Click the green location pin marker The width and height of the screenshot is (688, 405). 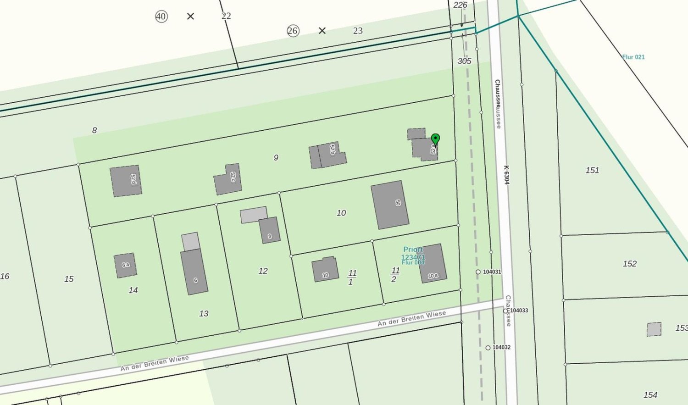(x=435, y=139)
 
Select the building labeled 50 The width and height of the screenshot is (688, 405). (x=390, y=205)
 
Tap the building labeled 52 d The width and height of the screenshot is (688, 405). (x=126, y=181)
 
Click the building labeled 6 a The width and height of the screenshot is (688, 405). (x=125, y=265)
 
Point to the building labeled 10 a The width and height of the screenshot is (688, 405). (x=432, y=263)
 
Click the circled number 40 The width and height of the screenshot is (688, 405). (x=161, y=17)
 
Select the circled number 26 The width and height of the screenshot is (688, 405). (x=293, y=31)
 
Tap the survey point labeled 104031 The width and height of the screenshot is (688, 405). (x=478, y=272)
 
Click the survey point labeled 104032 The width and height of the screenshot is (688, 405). (x=488, y=348)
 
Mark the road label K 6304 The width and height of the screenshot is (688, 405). (x=506, y=175)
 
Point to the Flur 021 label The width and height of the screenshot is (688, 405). (x=633, y=57)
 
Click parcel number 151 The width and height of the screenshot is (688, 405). (x=592, y=170)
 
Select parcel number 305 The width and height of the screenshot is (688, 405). (x=464, y=61)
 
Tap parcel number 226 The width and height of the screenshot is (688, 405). (x=460, y=5)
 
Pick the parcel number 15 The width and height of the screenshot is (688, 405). (x=69, y=279)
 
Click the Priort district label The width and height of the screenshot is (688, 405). (x=413, y=250)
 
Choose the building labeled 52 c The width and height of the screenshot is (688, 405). (x=228, y=179)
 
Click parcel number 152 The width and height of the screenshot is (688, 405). (x=629, y=264)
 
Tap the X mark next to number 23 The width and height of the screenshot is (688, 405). (x=322, y=31)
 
